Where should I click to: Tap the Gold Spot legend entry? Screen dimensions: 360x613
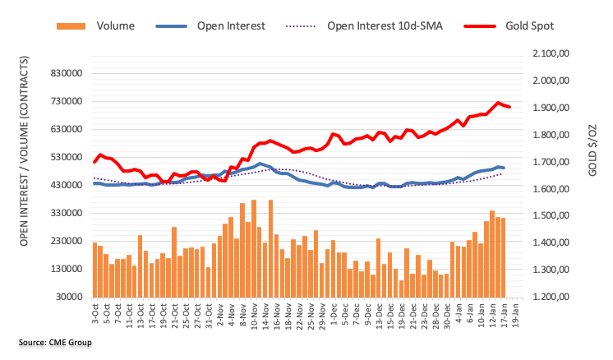531,25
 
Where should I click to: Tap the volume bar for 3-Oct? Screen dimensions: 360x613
95,270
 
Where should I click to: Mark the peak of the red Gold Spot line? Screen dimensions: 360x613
498,103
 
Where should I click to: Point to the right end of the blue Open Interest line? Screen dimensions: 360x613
503,168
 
